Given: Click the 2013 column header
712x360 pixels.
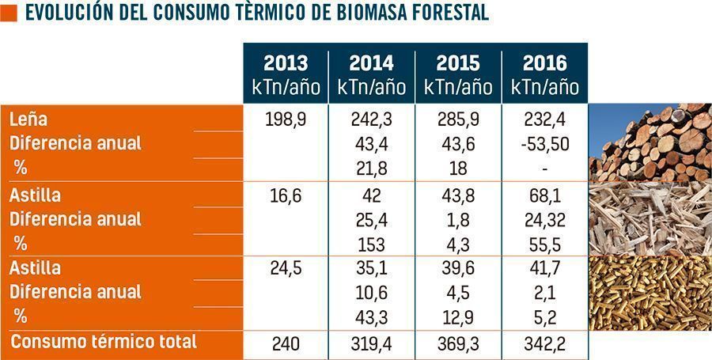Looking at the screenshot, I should pyautogui.click(x=286, y=74).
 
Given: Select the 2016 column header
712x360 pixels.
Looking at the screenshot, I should pyautogui.click(x=544, y=74).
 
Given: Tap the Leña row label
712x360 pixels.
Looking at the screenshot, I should pyautogui.click(x=28, y=119).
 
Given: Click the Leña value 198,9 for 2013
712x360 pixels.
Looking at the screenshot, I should pyautogui.click(x=286, y=119).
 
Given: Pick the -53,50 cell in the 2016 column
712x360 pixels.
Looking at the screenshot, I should pyautogui.click(x=544, y=144).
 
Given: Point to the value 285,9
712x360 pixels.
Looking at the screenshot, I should pyautogui.click(x=458, y=119).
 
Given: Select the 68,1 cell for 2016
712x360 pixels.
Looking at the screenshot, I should pyautogui.click(x=544, y=195).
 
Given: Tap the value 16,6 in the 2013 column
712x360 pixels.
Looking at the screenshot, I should pyautogui.click(x=286, y=195).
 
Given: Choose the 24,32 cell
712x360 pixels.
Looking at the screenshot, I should pyautogui.click(x=544, y=219).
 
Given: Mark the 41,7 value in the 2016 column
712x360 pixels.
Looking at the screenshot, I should pyautogui.click(x=544, y=269).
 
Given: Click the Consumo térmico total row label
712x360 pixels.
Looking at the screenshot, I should pyautogui.click(x=103, y=342).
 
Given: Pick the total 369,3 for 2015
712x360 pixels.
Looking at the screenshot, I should pyautogui.click(x=458, y=343).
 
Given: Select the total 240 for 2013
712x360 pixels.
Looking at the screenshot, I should pyautogui.click(x=286, y=343).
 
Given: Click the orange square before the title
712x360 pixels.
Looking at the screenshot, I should pyautogui.click(x=9, y=13).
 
